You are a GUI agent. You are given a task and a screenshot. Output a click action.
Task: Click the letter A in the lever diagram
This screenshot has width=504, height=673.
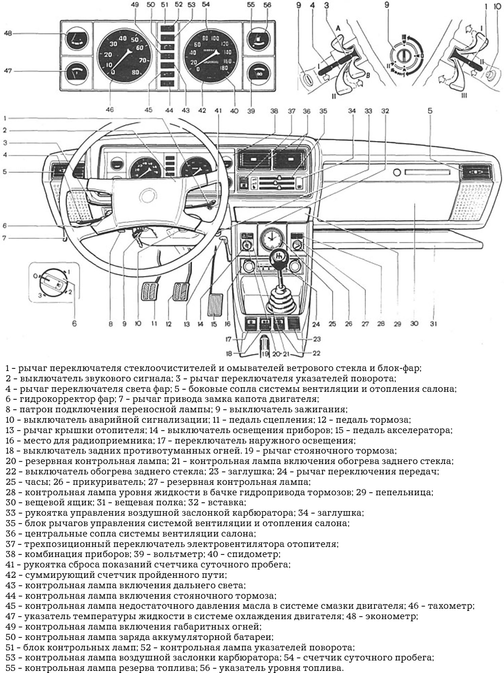[x=339, y=29]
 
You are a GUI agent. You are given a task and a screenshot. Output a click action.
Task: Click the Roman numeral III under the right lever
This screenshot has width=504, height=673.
[x=464, y=96]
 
